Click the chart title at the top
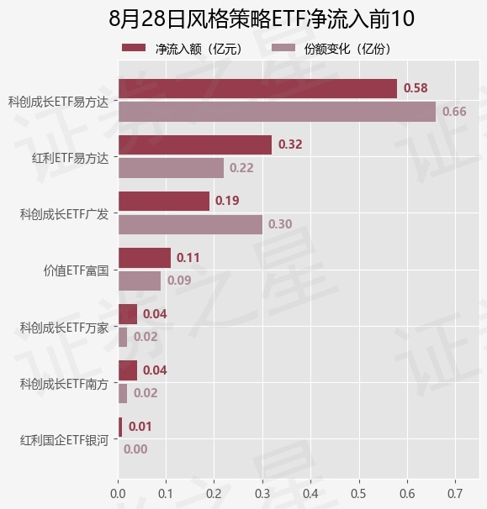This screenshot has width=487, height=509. point(262,18)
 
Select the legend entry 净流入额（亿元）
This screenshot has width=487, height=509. point(183,49)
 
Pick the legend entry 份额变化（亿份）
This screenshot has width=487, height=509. point(331,49)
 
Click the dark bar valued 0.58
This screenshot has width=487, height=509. point(258,89)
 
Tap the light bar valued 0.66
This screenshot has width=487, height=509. point(277,112)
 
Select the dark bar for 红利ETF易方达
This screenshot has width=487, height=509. point(195,144)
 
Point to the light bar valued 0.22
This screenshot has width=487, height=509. point(171,168)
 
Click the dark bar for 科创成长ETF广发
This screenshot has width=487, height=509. point(164,202)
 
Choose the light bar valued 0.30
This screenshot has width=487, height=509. point(190,224)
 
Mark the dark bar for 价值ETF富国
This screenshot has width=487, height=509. point(145,258)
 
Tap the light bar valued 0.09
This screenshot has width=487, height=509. point(140,281)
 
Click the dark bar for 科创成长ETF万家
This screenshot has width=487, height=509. point(128,314)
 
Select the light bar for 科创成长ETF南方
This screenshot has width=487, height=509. point(123,393)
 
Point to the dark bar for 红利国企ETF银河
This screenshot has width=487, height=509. point(120,428)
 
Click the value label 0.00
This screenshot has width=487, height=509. point(135,449)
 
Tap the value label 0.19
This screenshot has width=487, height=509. point(227,201)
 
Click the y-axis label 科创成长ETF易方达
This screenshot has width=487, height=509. point(58,102)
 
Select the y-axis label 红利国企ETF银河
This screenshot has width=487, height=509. point(64,440)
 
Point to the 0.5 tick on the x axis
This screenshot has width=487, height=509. point(359,494)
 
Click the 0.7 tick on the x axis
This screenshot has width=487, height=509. point(456,494)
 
